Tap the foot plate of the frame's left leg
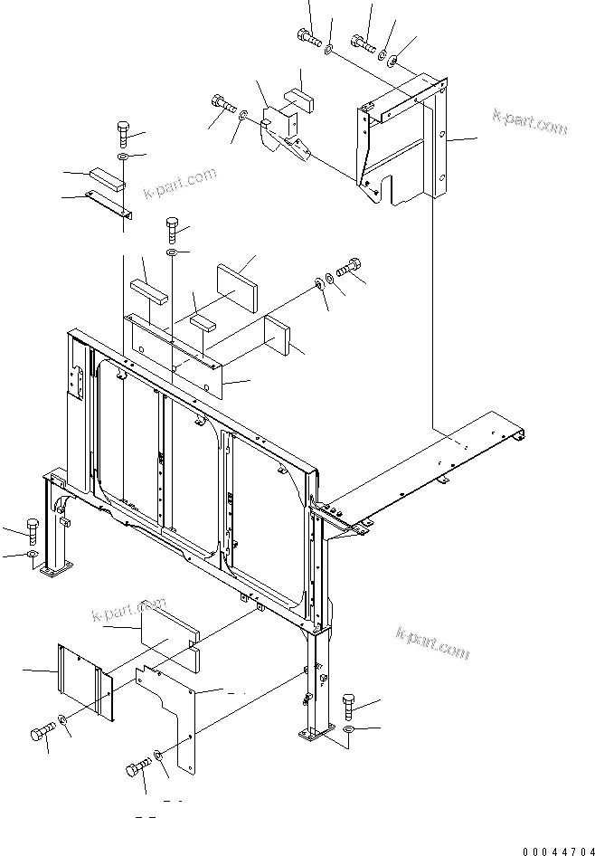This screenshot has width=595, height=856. click(x=56, y=571)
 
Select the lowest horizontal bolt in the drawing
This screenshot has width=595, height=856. click(x=136, y=768)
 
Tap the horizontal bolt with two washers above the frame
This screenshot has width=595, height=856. click(x=347, y=269)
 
